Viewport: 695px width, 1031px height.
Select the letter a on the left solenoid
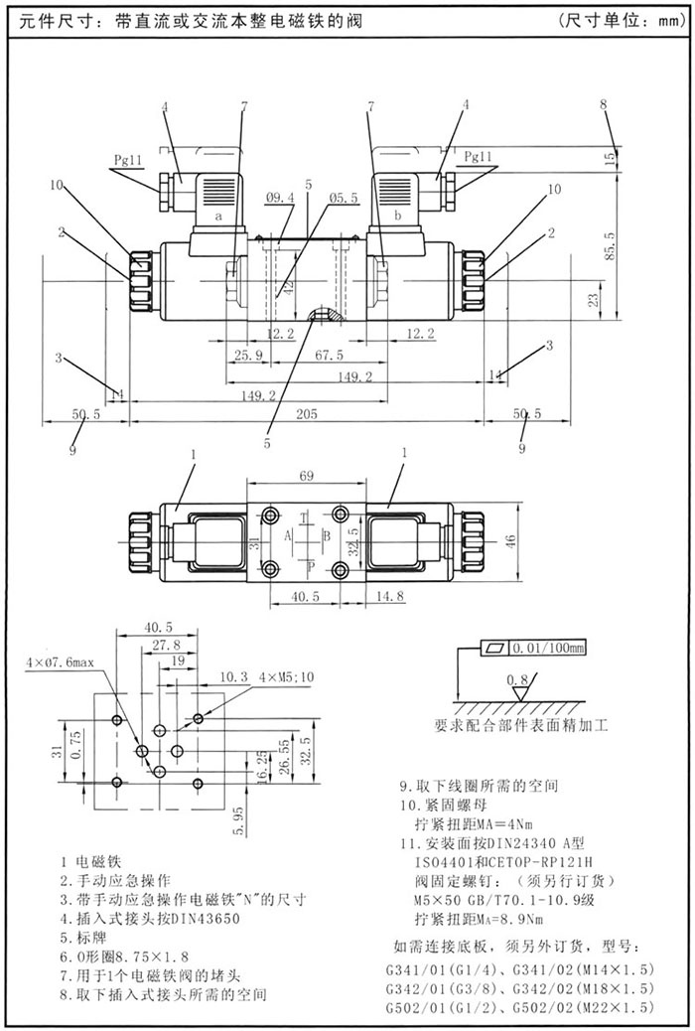[x=217, y=215]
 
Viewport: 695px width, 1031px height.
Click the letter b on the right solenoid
[x=398, y=215]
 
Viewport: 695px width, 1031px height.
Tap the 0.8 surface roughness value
[x=517, y=680]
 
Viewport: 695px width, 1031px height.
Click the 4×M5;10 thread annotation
[x=286, y=676]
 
